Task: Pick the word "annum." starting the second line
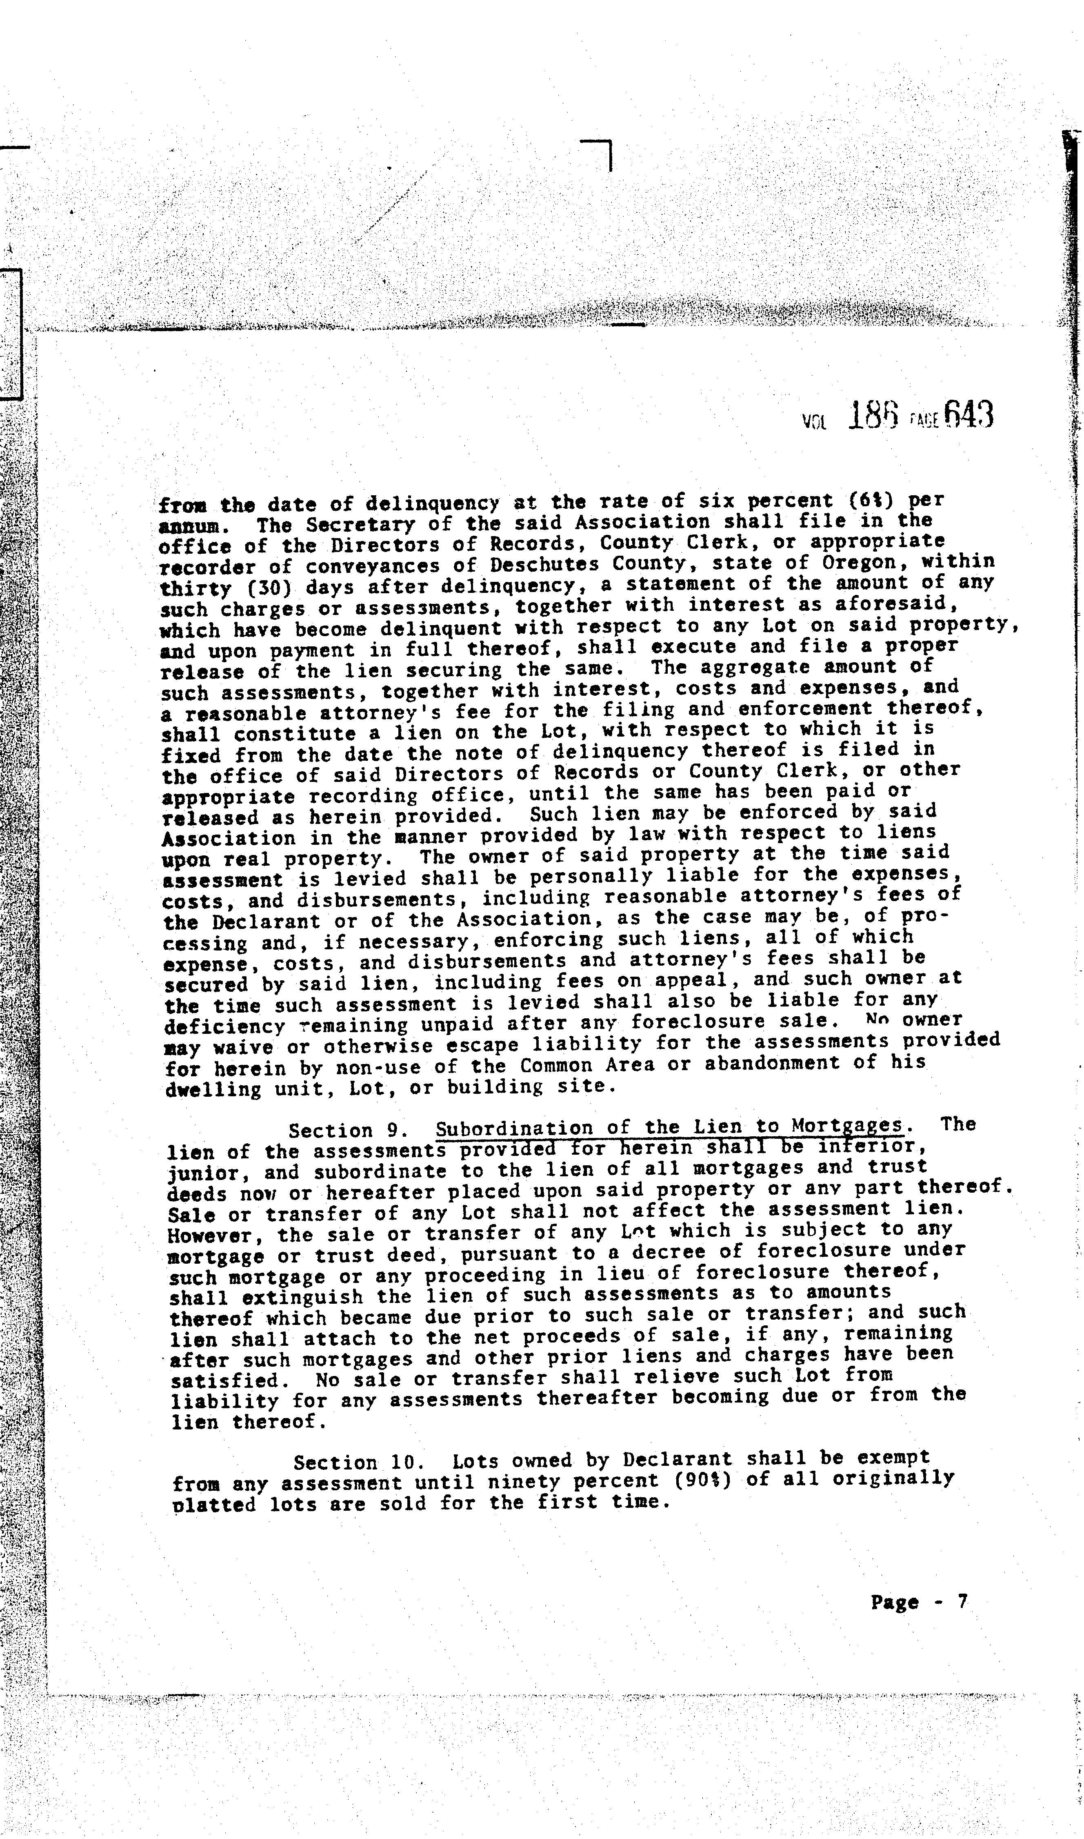(x=189, y=526)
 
